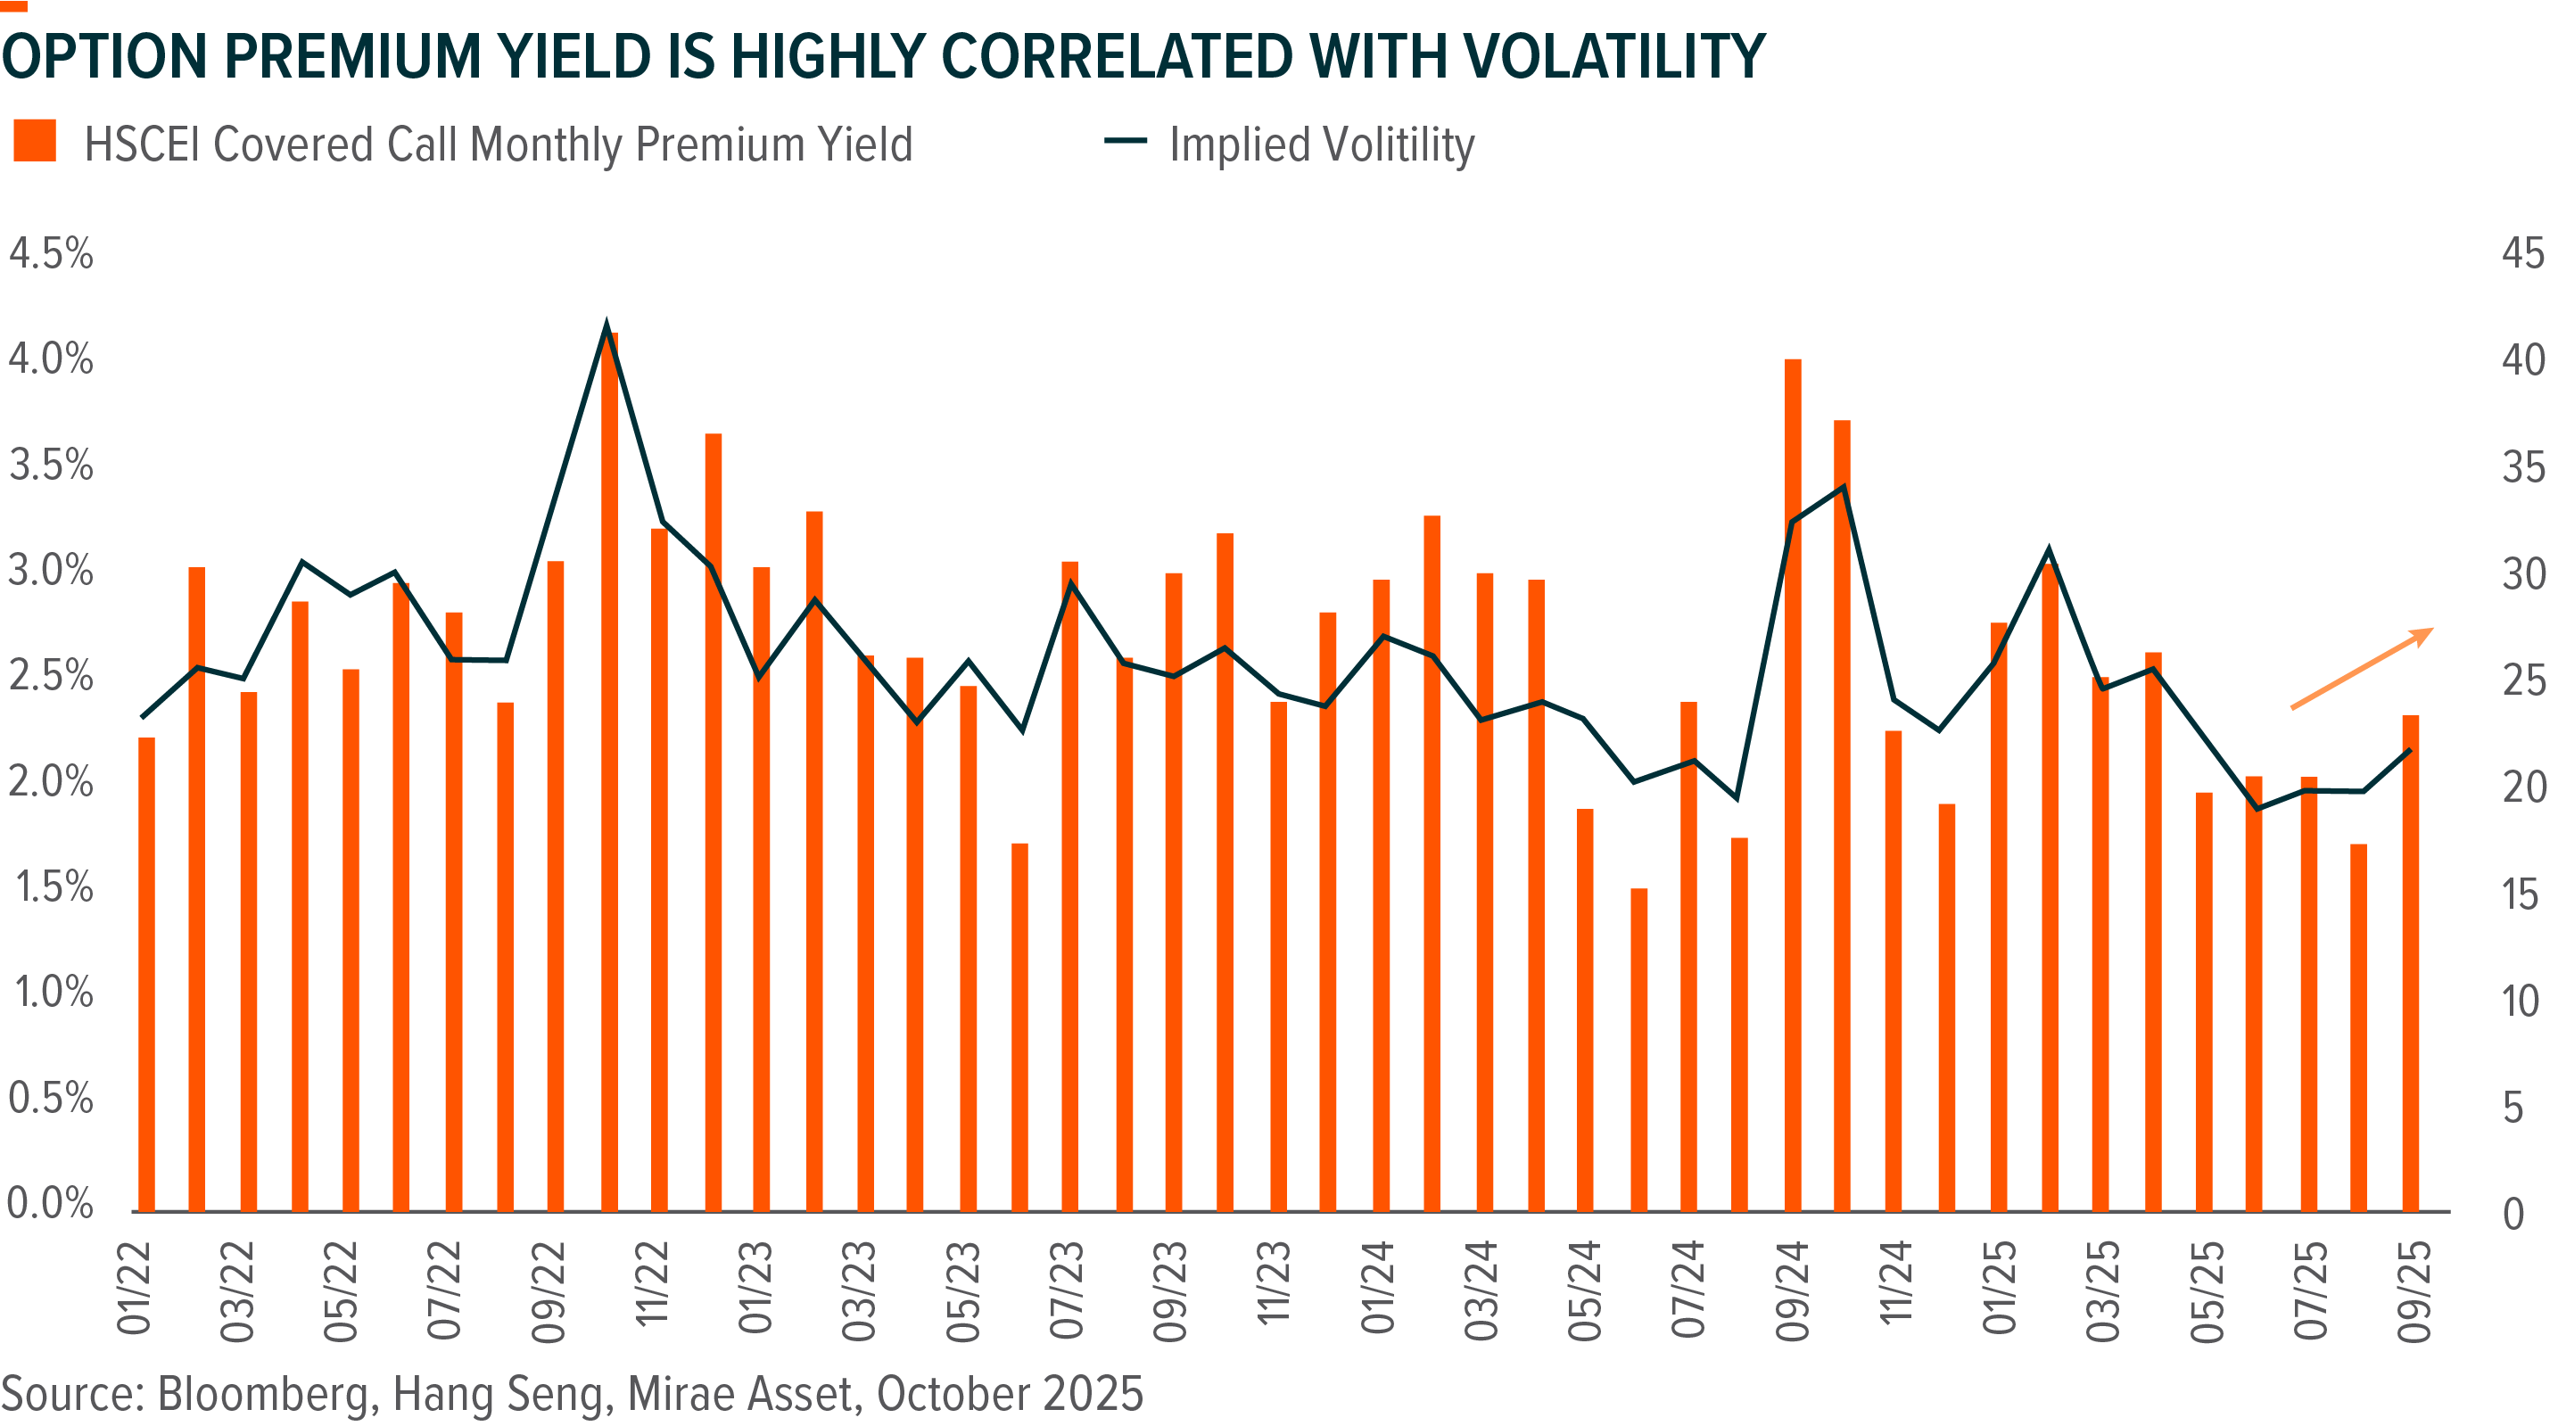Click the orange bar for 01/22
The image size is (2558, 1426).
[x=146, y=973]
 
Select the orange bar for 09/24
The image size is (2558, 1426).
[x=1793, y=785]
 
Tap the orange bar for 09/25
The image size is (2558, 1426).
[x=2410, y=963]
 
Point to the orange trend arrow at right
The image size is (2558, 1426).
[x=2362, y=668]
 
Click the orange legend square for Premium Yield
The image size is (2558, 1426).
[x=35, y=140]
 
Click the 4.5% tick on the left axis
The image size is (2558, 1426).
[x=51, y=254]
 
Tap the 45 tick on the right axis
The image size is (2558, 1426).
[x=2522, y=254]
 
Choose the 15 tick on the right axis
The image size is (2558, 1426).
[x=2521, y=894]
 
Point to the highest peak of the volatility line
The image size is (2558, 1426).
[x=606, y=324]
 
